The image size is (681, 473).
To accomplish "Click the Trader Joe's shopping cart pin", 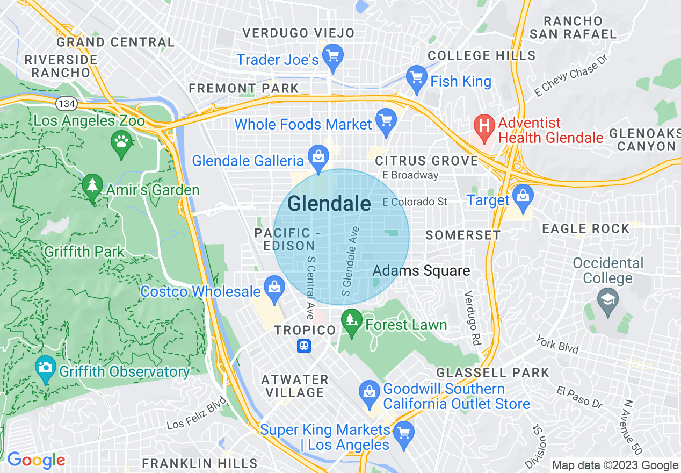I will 333,56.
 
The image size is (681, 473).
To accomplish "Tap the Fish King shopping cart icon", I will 416,78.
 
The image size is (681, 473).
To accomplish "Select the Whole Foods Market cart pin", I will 386,121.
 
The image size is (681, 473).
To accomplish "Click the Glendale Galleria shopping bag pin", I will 318,157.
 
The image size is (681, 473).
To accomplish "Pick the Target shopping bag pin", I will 522,197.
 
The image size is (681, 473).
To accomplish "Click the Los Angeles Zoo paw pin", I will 122,143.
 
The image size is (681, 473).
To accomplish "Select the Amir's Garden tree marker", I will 93,187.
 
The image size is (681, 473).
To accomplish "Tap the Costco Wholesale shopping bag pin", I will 274,288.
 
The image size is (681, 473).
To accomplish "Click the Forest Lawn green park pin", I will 352,321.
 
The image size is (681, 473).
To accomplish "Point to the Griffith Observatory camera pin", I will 46,368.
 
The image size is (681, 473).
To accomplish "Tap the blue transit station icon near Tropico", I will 304,346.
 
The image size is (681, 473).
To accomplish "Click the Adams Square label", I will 421,270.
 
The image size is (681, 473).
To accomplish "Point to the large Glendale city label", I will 329,204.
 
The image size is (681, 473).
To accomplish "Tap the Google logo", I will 35,460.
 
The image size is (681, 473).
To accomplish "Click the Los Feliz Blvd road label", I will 197,413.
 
